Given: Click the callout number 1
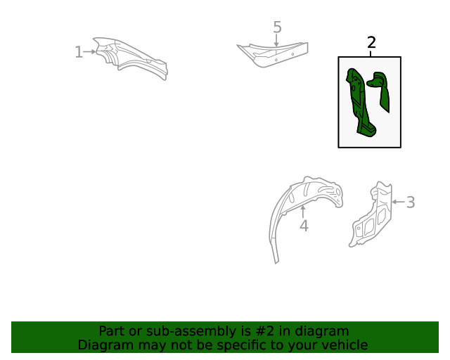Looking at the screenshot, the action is click(79, 52).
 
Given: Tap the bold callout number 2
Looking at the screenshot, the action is click(371, 42).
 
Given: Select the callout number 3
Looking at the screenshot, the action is click(411, 202).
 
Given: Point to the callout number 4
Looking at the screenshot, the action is click(304, 226).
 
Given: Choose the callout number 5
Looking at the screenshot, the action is click(277, 27).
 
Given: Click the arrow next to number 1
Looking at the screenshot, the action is click(89, 51).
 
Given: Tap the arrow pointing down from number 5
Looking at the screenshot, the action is click(276, 40).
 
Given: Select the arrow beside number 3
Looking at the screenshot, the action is click(399, 202).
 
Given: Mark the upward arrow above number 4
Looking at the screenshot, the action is click(302, 212).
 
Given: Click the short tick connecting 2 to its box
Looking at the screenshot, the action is click(371, 53).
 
